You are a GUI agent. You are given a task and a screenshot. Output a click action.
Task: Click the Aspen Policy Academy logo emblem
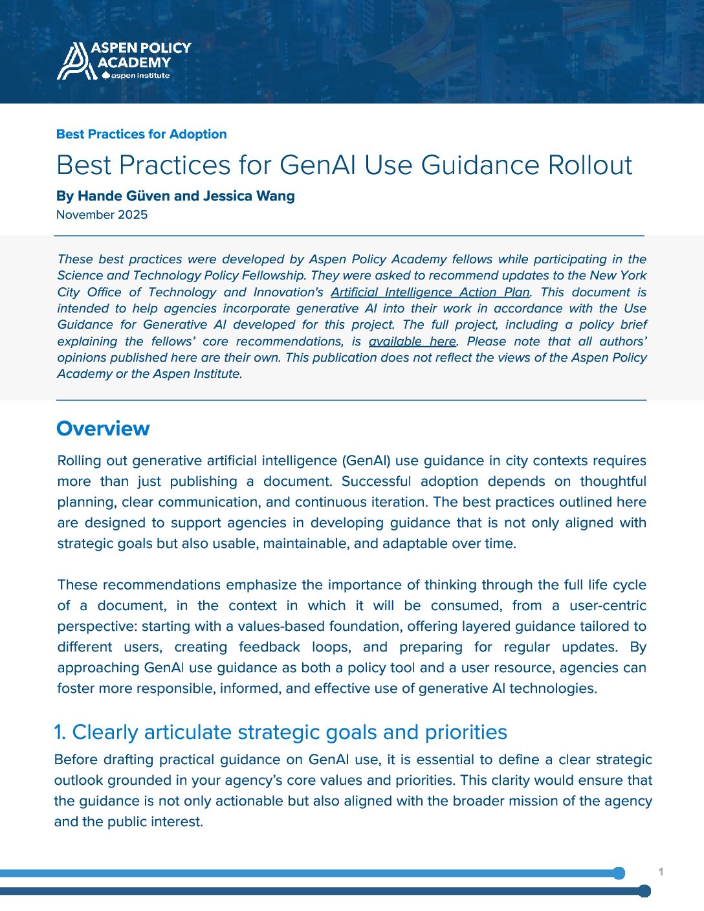coord(73,61)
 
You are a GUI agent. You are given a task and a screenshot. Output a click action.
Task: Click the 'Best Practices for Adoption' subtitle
coord(141,134)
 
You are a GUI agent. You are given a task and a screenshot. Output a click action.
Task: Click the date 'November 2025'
coord(102,215)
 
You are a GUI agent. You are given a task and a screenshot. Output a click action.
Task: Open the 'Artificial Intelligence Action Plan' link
coord(430,292)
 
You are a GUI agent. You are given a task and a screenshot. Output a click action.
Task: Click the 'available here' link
coord(412,342)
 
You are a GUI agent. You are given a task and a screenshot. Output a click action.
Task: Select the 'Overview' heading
coord(103,428)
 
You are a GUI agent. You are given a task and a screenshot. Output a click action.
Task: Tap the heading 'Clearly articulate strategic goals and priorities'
coord(289,732)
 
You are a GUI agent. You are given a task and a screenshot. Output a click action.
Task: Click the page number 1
coord(661,872)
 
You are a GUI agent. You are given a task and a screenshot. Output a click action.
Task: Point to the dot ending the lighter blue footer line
coord(619,873)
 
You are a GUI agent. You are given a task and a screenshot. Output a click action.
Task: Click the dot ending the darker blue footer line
coord(644,891)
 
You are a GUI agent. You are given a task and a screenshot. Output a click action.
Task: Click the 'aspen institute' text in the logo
coord(140,76)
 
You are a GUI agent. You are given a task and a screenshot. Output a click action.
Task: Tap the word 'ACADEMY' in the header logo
coord(134,62)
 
